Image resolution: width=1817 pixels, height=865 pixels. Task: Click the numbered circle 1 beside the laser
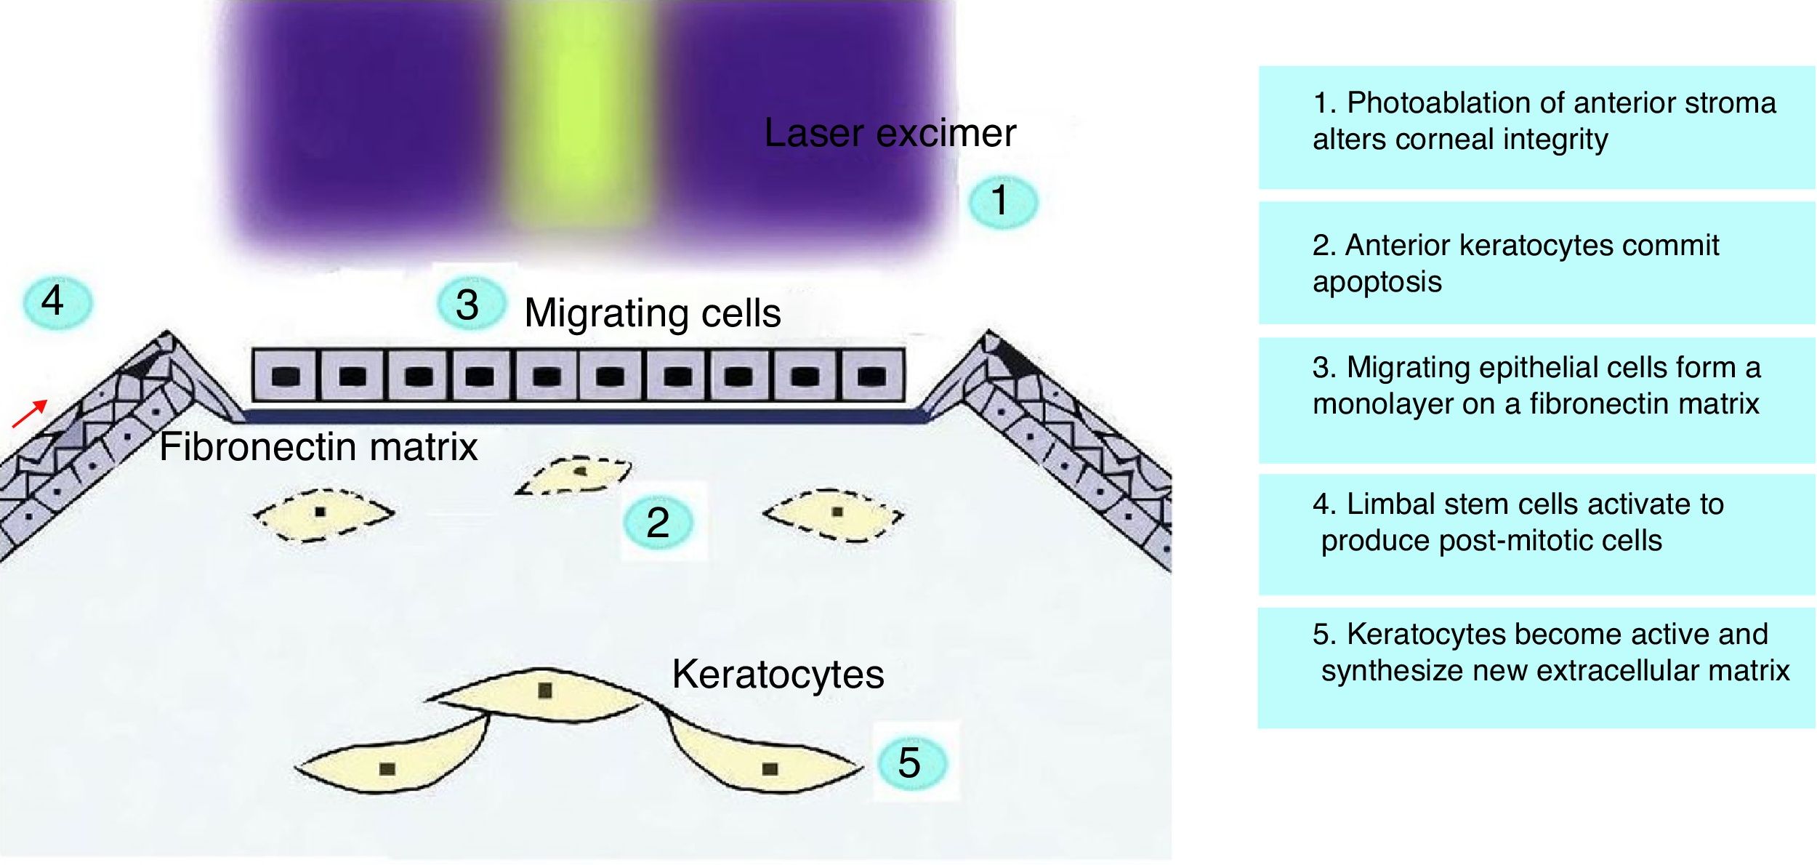[1002, 201]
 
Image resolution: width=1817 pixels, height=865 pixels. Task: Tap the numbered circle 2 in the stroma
[658, 522]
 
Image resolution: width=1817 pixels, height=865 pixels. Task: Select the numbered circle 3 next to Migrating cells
[469, 304]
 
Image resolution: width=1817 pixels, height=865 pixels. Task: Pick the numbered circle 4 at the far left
[55, 301]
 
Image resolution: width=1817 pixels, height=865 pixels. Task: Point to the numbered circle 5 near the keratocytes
[911, 763]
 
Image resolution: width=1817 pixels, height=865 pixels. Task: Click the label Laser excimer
[890, 133]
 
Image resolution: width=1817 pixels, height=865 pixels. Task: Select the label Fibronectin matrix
[318, 446]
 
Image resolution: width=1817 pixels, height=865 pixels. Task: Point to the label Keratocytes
[778, 674]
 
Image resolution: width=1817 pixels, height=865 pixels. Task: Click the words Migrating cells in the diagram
[652, 313]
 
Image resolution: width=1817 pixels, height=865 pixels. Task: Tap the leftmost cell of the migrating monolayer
[286, 375]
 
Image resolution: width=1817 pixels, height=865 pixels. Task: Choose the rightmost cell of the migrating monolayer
[871, 375]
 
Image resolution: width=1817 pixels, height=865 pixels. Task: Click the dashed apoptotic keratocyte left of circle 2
[323, 513]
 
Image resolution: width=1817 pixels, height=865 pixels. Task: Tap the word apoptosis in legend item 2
[1377, 282]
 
